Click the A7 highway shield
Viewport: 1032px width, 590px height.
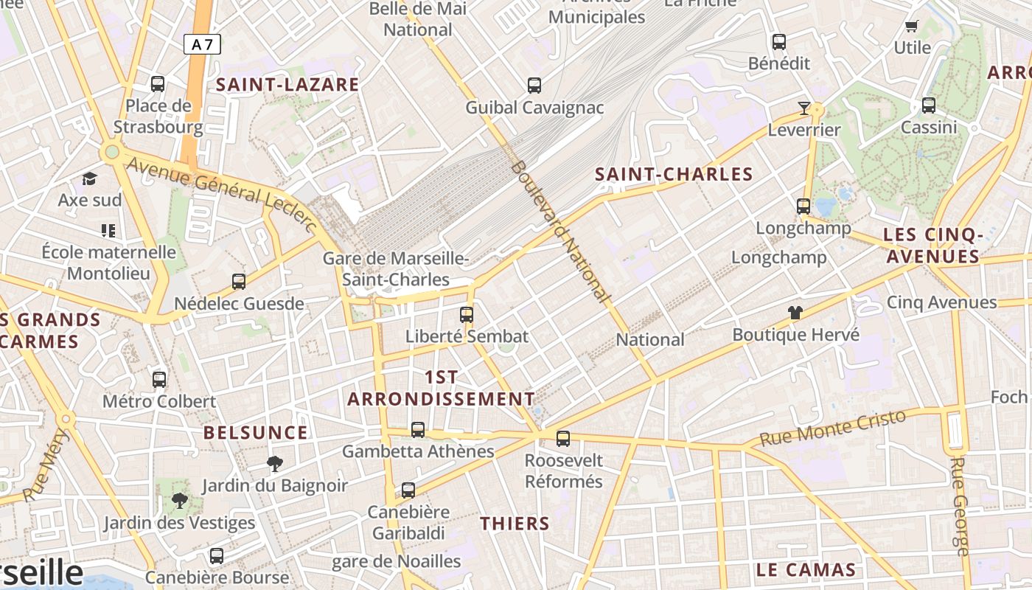202,44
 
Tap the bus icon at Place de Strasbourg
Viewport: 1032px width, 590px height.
158,84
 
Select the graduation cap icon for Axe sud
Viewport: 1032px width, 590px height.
90,178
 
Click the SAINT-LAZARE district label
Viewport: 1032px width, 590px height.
287,85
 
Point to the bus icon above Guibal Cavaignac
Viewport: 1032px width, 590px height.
534,86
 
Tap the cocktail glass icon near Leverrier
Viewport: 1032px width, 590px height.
803,109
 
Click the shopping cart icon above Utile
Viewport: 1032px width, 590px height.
912,27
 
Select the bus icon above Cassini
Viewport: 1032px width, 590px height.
929,105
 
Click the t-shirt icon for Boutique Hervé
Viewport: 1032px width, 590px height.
795,313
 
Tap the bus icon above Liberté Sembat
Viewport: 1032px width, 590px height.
467,315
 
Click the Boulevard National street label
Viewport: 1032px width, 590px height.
561,232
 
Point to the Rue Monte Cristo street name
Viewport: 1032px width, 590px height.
832,428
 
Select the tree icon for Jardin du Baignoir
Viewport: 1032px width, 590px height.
275,464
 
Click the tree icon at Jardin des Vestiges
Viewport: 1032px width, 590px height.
179,502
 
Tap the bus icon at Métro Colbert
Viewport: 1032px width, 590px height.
159,380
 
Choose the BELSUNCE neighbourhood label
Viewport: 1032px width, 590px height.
256,433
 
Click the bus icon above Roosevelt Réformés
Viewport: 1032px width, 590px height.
563,439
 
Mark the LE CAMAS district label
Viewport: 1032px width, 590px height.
806,570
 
